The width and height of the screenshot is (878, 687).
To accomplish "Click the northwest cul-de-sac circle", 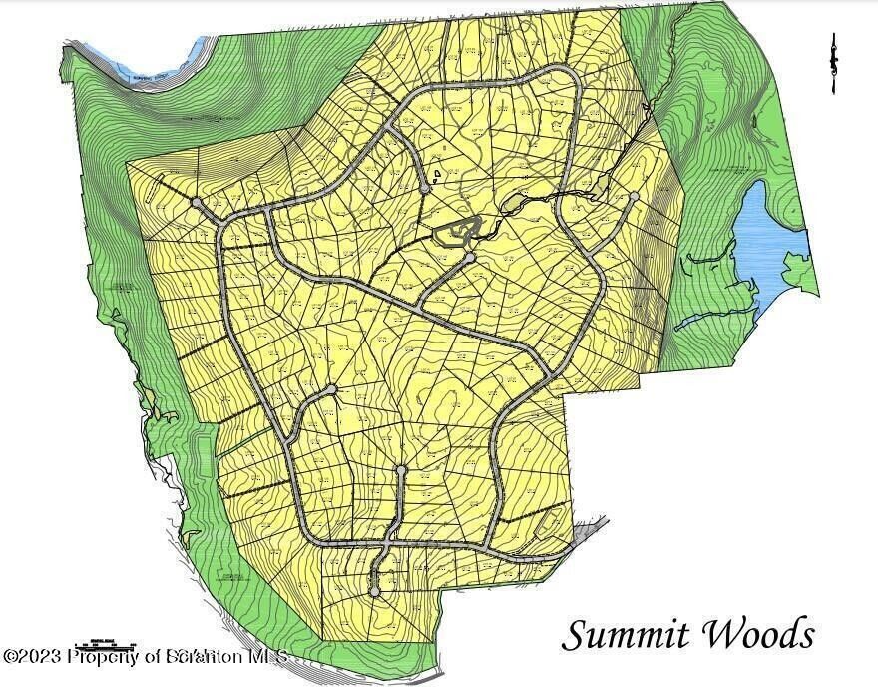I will pyautogui.click(x=197, y=203).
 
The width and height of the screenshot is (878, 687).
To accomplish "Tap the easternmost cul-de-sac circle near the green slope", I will pyautogui.click(x=633, y=196).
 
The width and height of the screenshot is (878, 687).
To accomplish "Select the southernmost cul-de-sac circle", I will pyautogui.click(x=374, y=592).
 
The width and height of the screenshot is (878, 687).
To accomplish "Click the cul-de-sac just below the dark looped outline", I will pyautogui.click(x=469, y=258).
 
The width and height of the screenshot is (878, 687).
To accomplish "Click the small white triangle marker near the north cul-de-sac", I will pyautogui.click(x=437, y=173).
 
